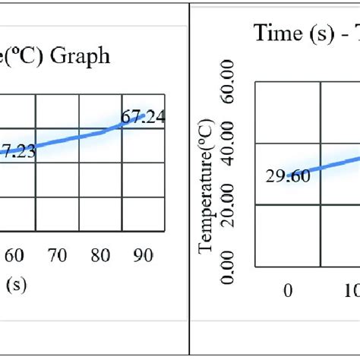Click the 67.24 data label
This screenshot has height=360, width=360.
point(144,116)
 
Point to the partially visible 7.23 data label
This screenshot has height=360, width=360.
point(17,151)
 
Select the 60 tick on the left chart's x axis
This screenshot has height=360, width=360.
point(14,257)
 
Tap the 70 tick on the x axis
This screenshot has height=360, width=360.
point(58,257)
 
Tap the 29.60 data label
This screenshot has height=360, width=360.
point(286,175)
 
